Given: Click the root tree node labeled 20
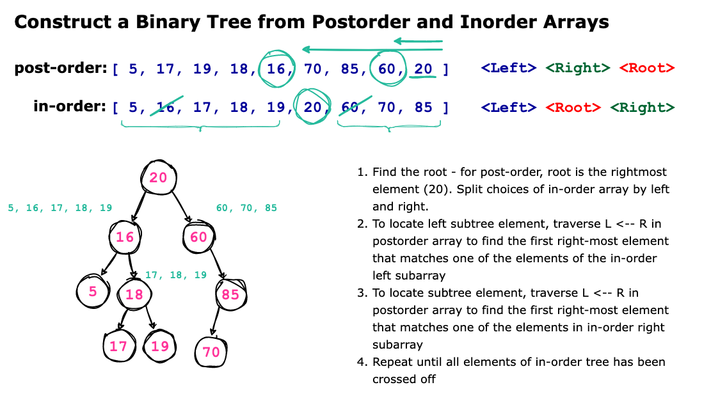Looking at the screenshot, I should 158,177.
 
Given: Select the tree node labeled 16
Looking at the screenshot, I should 125,237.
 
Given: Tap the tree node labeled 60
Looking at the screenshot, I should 197,237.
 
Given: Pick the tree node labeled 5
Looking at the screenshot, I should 93,292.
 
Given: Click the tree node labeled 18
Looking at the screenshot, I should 134,294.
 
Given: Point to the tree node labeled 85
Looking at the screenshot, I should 230,294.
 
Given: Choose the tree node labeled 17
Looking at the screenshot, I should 118,347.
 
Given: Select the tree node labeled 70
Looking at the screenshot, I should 211,351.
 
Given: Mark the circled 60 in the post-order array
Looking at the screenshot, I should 387,68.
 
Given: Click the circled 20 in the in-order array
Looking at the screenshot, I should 312,107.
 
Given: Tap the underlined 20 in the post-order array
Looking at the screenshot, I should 423,68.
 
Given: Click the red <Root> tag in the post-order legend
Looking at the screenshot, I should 646,68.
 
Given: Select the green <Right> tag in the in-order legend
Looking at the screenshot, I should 642,107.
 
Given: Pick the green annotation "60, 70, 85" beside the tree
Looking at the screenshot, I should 246,208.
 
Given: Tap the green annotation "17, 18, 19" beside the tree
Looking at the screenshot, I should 176,275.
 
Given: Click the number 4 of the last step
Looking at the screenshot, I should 361,362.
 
